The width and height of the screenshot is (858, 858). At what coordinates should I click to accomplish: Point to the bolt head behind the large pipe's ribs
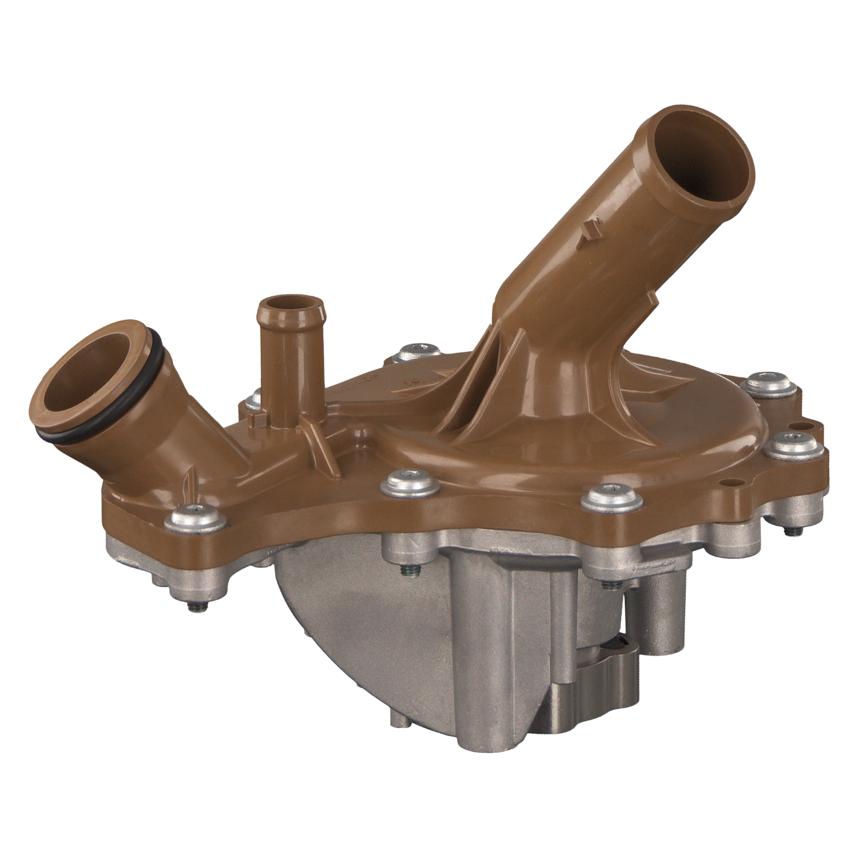coord(420,351)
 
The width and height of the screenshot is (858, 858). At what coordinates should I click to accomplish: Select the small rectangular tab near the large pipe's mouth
coord(589,234)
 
